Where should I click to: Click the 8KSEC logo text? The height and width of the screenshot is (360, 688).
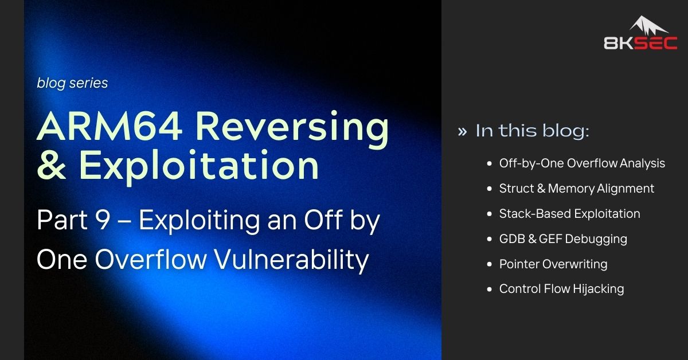pyautogui.click(x=640, y=43)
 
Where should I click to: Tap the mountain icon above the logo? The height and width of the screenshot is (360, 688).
pyautogui.click(x=648, y=26)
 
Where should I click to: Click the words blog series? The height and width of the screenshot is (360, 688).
pyautogui.click(x=72, y=83)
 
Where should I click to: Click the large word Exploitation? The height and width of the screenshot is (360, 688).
pyautogui.click(x=198, y=166)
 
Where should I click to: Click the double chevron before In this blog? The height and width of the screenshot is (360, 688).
pyautogui.click(x=462, y=131)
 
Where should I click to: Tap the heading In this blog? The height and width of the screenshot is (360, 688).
pyautogui.click(x=532, y=131)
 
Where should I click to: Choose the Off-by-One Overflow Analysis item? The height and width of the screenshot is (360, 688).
pyautogui.click(x=582, y=163)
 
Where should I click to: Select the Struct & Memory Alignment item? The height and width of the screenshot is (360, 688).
pyautogui.click(x=576, y=189)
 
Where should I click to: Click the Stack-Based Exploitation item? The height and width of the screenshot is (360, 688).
pyautogui.click(x=569, y=214)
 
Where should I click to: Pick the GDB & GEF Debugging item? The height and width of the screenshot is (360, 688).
pyautogui.click(x=563, y=238)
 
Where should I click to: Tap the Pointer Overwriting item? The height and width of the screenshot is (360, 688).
pyautogui.click(x=553, y=264)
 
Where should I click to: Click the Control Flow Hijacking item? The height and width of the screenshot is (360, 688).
pyautogui.click(x=561, y=289)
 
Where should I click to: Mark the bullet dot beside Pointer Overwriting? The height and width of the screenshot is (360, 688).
pyautogui.click(x=488, y=264)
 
